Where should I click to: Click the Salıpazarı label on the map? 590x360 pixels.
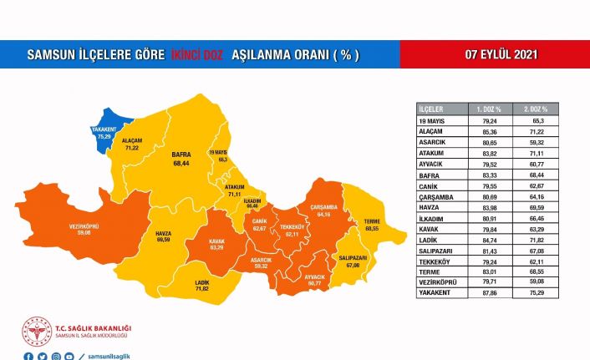(x=353, y=261)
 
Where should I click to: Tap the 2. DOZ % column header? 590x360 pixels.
(x=535, y=109)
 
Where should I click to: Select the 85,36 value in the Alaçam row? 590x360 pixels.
(x=489, y=131)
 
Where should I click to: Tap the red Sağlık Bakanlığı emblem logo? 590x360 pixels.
(x=36, y=332)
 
